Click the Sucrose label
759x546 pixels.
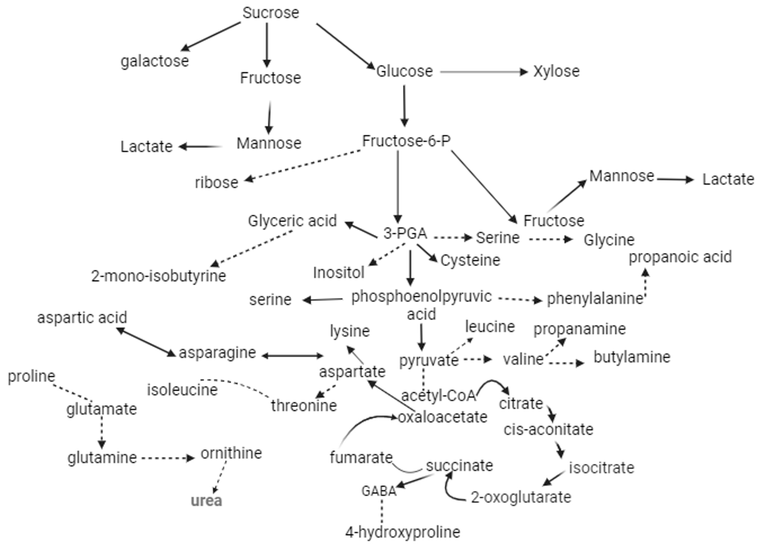(270, 13)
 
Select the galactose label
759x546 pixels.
(155, 61)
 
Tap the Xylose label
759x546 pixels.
(556, 71)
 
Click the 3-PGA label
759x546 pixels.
(405, 233)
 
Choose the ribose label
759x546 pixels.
(217, 183)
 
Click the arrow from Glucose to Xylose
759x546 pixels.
(484, 72)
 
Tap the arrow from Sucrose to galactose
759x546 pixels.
(211, 37)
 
